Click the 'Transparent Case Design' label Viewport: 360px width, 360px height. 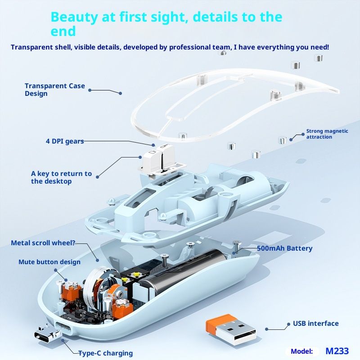pos(54,90)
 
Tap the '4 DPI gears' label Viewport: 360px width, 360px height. pos(65,141)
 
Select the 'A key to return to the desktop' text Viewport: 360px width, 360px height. pos(61,177)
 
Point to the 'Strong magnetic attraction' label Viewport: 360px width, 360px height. pos(327,134)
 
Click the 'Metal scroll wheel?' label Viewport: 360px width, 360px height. pos(43,243)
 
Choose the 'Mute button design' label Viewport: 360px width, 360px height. pos(49,262)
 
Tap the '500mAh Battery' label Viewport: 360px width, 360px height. pos(284,248)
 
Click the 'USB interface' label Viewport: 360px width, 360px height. pos(316,324)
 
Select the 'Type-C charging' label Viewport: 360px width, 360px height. pos(106,353)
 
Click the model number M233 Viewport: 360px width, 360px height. pos(337,351)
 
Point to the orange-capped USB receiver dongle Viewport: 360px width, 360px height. pos(230,330)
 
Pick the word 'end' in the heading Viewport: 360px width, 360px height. pos(63,31)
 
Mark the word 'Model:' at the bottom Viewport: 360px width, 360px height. pos(301,351)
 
